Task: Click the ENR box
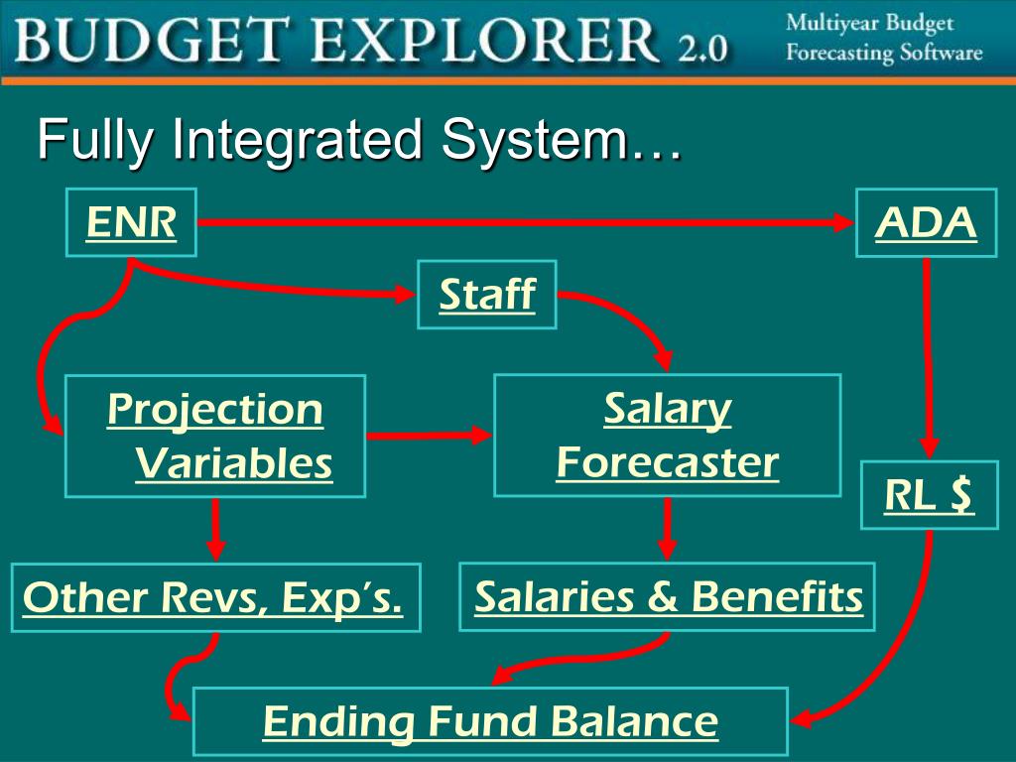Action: point(131,222)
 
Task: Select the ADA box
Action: point(926,223)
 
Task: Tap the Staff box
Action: point(486,295)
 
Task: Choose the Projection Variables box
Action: point(215,437)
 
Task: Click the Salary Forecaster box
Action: point(667,435)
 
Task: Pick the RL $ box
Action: point(929,495)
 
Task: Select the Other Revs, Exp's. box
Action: point(215,598)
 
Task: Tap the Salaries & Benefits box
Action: point(667,597)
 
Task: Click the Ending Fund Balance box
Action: point(490,721)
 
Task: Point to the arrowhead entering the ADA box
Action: point(843,223)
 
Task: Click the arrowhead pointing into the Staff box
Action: point(405,294)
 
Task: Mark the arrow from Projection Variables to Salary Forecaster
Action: point(429,435)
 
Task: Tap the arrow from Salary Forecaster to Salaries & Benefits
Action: point(667,529)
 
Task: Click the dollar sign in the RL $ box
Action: point(958,495)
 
